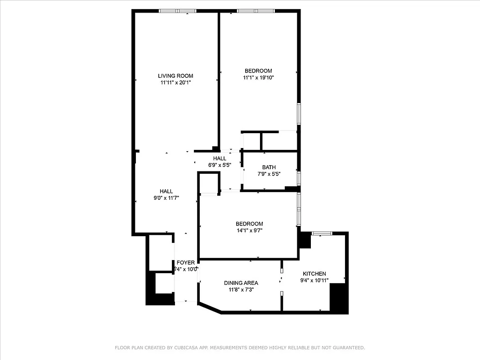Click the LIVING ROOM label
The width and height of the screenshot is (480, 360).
coord(175,76)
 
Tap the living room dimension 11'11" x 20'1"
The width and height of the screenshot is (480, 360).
coord(175,82)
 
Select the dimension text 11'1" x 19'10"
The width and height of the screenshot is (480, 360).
coord(259,77)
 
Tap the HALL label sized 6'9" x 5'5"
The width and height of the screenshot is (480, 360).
coord(220,158)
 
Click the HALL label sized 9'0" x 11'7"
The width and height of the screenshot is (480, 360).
coord(166,191)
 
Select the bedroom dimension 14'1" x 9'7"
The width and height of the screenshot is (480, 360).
coord(249,230)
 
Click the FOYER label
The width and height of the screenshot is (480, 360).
coord(185,263)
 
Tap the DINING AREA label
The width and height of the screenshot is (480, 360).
coord(241,283)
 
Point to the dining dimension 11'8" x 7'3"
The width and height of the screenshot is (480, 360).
coord(241,290)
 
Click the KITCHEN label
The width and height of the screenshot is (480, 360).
coord(314,274)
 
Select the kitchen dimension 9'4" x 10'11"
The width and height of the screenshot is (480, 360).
coord(314,280)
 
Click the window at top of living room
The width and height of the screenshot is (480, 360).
coord(177,11)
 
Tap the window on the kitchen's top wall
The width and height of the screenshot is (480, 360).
coord(322,233)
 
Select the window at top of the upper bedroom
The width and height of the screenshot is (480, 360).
coord(256,11)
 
